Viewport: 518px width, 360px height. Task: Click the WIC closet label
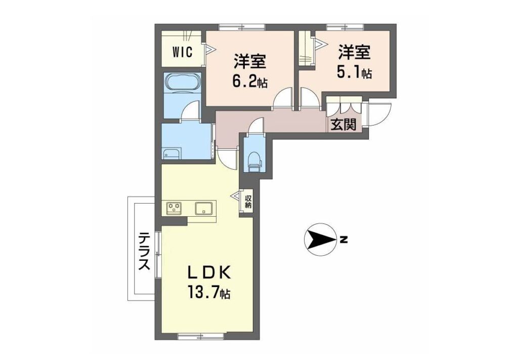183,53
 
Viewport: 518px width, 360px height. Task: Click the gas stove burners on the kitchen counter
174,208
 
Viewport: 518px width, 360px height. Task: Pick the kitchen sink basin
203,208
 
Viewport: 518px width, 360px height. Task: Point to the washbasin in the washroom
171,154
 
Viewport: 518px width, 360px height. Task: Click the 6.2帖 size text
250,82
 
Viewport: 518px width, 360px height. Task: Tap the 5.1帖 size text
354,73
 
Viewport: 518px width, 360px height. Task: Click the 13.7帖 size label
209,292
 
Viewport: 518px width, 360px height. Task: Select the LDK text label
209,273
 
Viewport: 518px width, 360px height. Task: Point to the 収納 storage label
248,202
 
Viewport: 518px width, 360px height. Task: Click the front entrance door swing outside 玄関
380,115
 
